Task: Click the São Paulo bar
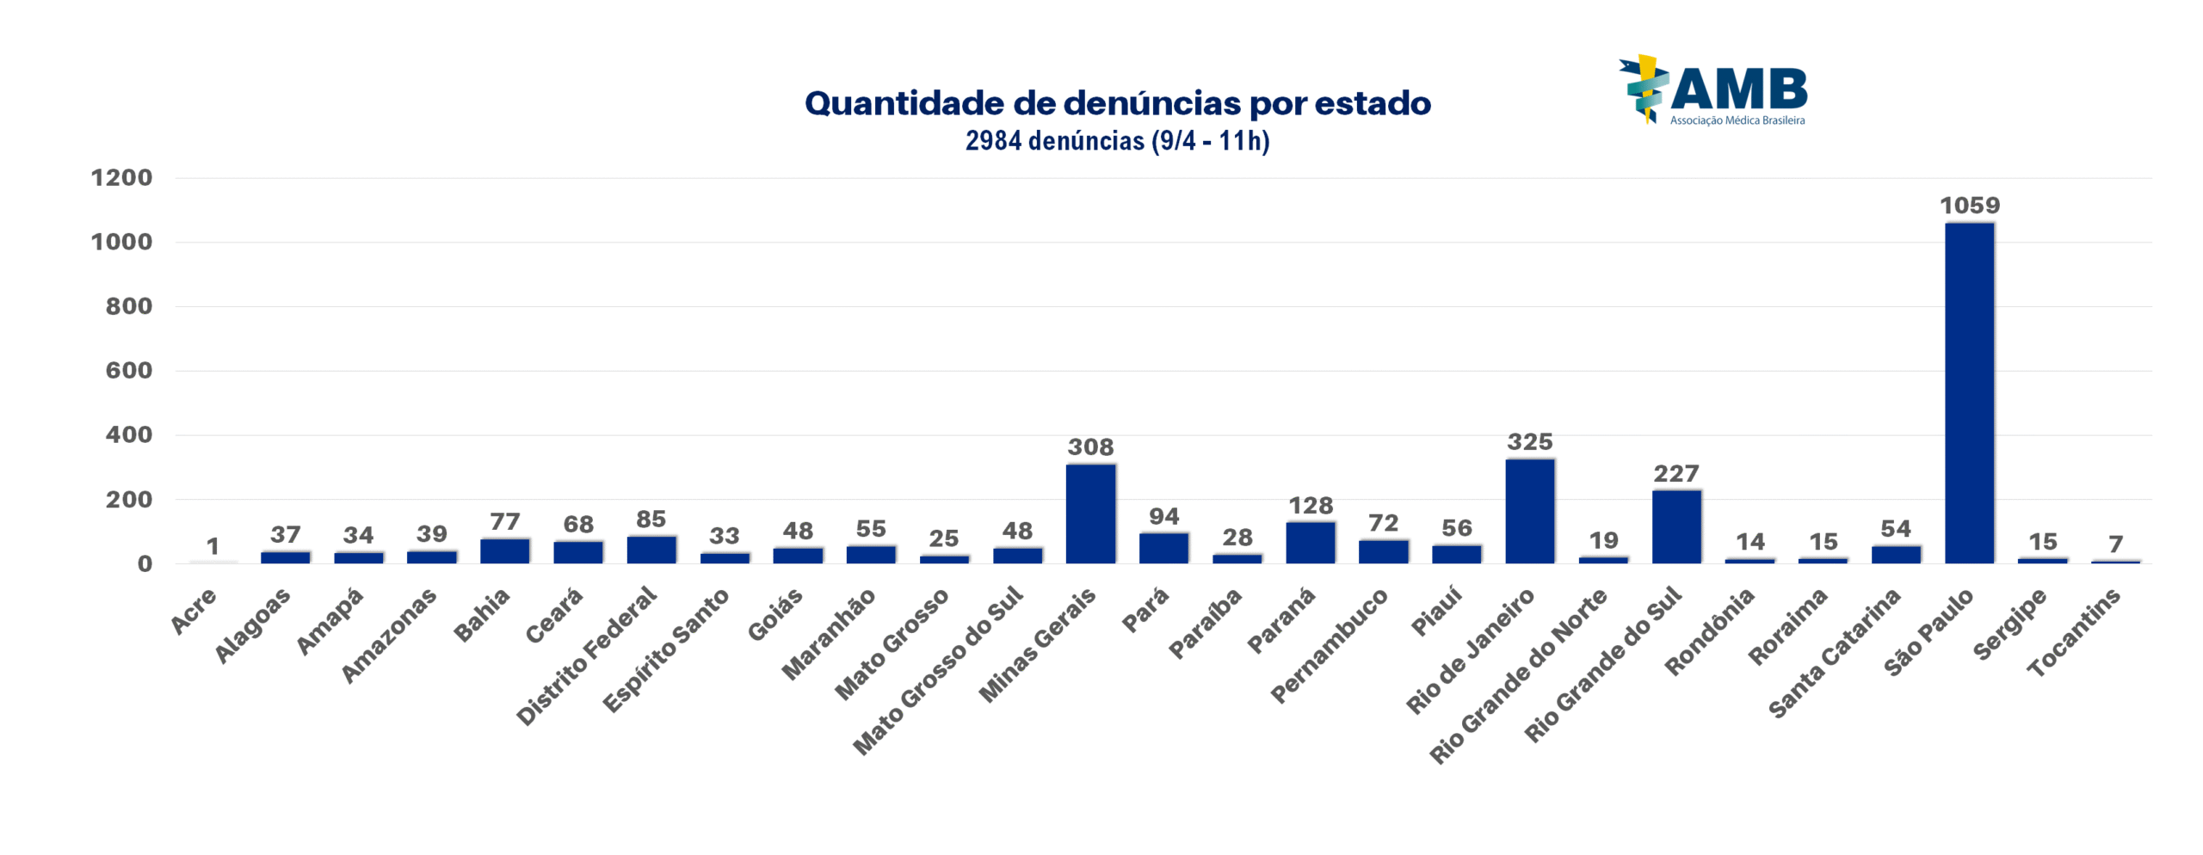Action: [1969, 393]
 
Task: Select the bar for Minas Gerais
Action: [1090, 514]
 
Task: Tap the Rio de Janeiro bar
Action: [1530, 511]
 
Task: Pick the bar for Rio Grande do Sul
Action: [1676, 526]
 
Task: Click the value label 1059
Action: [1969, 206]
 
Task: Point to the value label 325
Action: [1530, 442]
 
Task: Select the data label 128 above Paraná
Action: [1310, 506]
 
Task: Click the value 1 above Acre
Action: [213, 546]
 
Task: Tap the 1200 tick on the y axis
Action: [121, 178]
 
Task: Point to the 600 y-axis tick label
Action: [128, 371]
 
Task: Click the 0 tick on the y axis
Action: [145, 564]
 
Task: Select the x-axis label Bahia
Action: [482, 615]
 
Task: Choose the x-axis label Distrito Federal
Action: [587, 655]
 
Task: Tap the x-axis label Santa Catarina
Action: [1834, 654]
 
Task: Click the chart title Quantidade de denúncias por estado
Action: [1117, 103]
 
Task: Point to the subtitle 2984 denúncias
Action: [1117, 140]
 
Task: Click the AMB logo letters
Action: [1738, 89]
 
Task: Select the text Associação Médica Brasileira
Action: [1737, 120]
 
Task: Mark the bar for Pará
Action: [1163, 548]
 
